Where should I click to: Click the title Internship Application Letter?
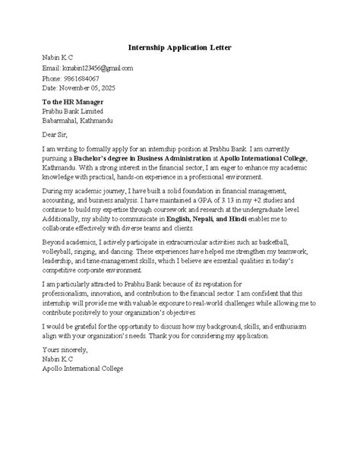[x=179, y=47]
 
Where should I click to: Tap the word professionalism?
[x=68, y=293]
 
